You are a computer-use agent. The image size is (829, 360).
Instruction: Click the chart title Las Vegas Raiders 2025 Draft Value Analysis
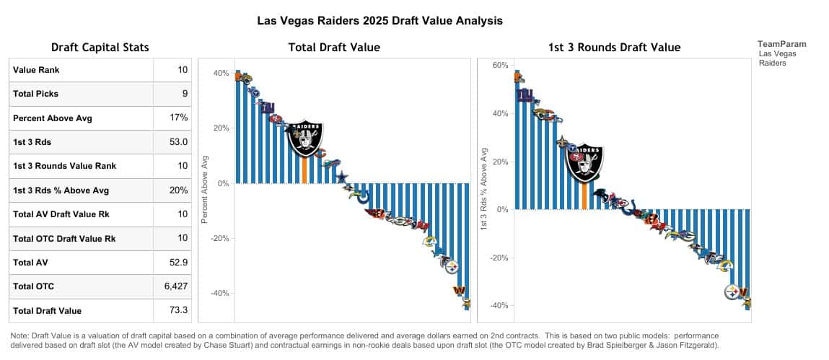click(x=380, y=21)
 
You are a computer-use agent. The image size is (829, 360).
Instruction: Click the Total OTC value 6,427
click(x=175, y=286)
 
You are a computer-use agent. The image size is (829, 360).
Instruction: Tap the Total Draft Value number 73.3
click(x=180, y=310)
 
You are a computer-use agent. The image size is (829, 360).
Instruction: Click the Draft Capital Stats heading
click(x=100, y=48)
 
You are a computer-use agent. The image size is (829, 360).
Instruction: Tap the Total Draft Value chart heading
click(x=334, y=48)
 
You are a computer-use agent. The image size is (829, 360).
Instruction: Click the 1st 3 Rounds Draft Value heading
click(x=614, y=48)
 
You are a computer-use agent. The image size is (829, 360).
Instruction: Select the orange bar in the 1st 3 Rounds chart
click(x=584, y=196)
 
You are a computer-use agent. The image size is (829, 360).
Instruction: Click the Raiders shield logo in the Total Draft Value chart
click(x=306, y=138)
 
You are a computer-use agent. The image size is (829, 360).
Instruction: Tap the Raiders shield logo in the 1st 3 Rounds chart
click(x=584, y=163)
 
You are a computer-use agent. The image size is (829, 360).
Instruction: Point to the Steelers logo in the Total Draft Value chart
click(x=451, y=267)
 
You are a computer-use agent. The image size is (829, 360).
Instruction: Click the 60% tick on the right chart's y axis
click(x=500, y=66)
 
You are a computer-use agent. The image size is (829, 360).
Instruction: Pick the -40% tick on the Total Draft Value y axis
click(x=219, y=294)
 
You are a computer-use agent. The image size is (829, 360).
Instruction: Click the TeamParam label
click(x=782, y=44)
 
